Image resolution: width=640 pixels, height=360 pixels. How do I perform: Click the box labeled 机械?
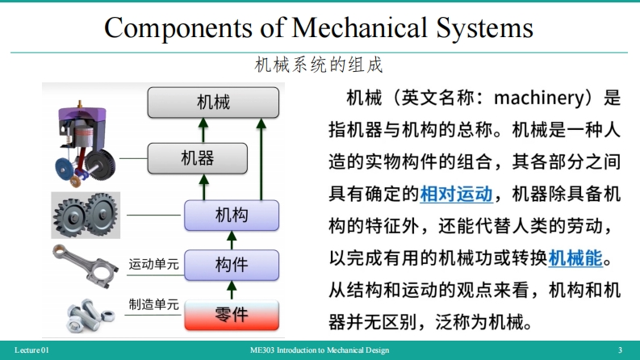[x=213, y=103]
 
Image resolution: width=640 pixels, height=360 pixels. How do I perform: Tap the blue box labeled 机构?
[x=231, y=215]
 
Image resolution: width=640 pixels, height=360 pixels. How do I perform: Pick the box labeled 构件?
[x=231, y=264]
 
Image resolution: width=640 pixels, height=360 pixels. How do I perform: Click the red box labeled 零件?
[x=231, y=314]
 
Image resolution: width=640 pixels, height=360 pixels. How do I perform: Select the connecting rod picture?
[x=84, y=264]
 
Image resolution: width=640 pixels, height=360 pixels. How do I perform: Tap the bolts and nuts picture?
[x=84, y=314]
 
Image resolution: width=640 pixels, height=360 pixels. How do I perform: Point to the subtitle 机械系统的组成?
[x=319, y=65]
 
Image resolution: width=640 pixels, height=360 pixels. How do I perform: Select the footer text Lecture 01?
[x=32, y=350]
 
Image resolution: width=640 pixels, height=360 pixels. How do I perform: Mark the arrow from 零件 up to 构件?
[x=231, y=288]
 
